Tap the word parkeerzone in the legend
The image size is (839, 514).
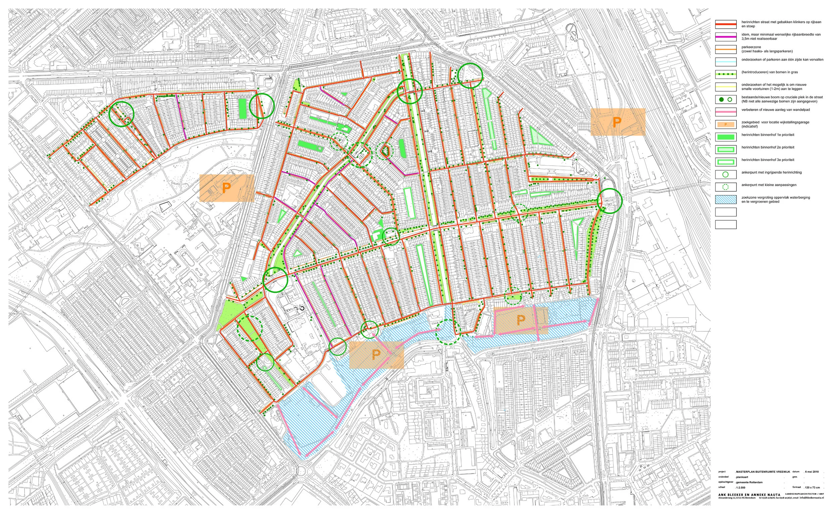(750, 47)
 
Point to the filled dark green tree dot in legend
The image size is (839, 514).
(722, 99)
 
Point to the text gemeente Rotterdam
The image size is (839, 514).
(748, 482)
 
